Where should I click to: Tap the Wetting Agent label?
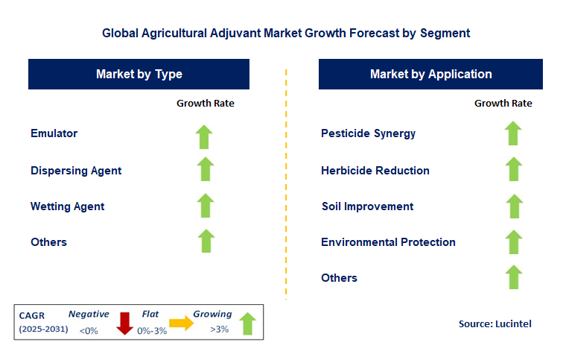click(68, 206)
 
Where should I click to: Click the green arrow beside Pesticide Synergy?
click(512, 134)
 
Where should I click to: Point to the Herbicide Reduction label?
click(375, 171)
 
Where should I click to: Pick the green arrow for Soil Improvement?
click(512, 206)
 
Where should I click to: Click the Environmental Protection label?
click(388, 242)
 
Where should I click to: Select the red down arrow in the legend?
click(125, 323)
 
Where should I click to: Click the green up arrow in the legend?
click(248, 323)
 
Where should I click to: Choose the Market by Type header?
click(139, 75)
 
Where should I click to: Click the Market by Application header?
click(430, 75)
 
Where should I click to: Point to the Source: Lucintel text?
click(495, 323)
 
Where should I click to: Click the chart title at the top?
click(286, 34)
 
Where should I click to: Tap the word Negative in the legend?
click(89, 315)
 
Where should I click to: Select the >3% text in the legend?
click(220, 329)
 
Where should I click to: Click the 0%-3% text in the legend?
click(153, 329)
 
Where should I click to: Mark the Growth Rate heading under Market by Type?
click(205, 104)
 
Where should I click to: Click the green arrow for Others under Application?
click(512, 277)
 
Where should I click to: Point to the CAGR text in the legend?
click(33, 315)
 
